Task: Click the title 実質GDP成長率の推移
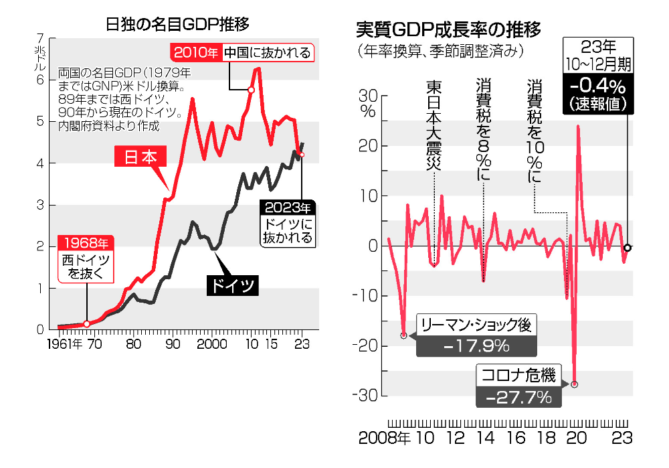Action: pyautogui.click(x=448, y=29)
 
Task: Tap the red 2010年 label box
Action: pyautogui.click(x=196, y=53)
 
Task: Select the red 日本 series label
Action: pyautogui.click(x=140, y=157)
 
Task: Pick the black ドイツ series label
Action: pyautogui.click(x=231, y=285)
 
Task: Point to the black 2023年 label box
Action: pyautogui.click(x=288, y=207)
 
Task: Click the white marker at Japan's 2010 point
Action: pyautogui.click(x=251, y=90)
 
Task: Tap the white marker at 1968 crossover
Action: pyautogui.click(x=86, y=324)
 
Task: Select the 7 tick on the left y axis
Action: pyautogui.click(x=41, y=38)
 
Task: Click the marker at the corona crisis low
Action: pyautogui.click(x=574, y=384)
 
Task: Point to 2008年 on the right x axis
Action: pyautogui.click(x=385, y=439)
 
